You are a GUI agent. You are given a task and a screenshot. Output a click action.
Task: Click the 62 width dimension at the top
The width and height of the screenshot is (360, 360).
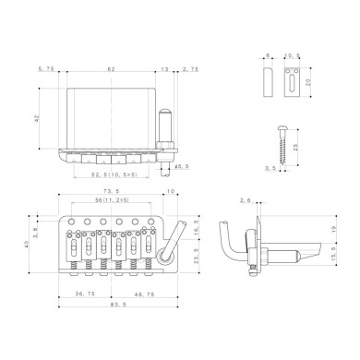(x=111, y=69)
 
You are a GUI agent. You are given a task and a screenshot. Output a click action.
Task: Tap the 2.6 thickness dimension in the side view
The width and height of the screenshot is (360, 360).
(x=244, y=199)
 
